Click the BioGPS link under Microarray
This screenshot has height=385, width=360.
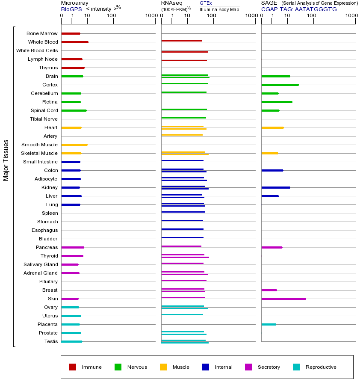(71, 9)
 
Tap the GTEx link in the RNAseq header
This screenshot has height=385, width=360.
(206, 3)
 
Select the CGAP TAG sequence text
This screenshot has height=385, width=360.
(299, 9)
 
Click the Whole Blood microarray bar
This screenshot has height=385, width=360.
(75, 42)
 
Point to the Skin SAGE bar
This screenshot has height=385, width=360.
(283, 299)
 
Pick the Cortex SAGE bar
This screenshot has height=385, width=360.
(280, 85)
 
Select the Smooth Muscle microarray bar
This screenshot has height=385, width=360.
(74, 145)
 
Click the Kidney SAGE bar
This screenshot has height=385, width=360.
(275, 187)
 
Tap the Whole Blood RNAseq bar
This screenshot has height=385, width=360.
(181, 41)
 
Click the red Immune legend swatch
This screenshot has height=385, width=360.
(73, 367)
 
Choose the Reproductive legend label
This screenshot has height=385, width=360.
(321, 367)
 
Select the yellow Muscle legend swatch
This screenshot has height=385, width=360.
(163, 367)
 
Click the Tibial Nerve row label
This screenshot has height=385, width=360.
(44, 119)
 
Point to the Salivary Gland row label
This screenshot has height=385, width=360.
(41, 264)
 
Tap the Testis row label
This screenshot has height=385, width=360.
(51, 341)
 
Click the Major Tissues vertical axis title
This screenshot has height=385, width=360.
(6, 160)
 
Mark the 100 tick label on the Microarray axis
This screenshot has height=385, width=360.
(111, 16)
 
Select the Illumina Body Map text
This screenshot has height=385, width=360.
(219, 9)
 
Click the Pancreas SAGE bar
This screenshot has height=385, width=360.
(271, 247)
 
